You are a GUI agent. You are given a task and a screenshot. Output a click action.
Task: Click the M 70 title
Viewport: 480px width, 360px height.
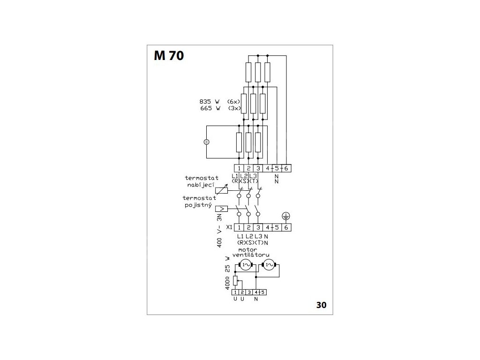(169, 55)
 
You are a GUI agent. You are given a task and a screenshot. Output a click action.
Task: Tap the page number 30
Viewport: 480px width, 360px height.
(321, 305)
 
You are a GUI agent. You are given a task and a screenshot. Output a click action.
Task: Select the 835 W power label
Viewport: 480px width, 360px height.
(210, 101)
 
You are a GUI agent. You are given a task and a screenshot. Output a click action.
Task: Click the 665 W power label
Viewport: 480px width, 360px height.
(210, 108)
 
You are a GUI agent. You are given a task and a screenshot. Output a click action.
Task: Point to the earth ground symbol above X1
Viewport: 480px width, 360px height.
(285, 216)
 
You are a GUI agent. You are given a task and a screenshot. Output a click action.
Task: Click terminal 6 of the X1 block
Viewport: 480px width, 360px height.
(286, 227)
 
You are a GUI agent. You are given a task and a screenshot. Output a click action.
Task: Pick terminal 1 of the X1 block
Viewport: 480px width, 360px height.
(239, 227)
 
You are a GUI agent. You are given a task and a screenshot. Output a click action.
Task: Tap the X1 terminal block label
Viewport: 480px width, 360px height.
(229, 227)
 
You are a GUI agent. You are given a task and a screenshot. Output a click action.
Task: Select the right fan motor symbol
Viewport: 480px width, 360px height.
(269, 265)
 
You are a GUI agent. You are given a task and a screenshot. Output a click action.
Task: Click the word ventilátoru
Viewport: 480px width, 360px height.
(251, 255)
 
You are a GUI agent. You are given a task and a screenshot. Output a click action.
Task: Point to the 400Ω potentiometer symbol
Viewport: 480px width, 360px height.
(235, 280)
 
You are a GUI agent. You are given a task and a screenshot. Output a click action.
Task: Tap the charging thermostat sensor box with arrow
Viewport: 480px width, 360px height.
(222, 190)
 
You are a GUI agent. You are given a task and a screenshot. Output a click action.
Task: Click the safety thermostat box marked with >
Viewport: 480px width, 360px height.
(222, 209)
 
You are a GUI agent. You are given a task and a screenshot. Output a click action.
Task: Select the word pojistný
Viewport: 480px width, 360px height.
(198, 205)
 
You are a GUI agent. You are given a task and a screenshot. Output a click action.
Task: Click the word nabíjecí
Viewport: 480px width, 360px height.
(201, 185)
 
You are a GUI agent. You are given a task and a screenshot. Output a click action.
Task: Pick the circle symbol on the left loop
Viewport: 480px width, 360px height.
(206, 142)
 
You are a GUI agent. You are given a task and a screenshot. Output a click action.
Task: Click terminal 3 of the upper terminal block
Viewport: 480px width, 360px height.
(258, 168)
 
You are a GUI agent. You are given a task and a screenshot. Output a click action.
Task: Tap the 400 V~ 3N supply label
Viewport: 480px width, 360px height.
(219, 230)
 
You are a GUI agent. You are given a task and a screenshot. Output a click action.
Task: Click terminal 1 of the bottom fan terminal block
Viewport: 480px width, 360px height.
(235, 292)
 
